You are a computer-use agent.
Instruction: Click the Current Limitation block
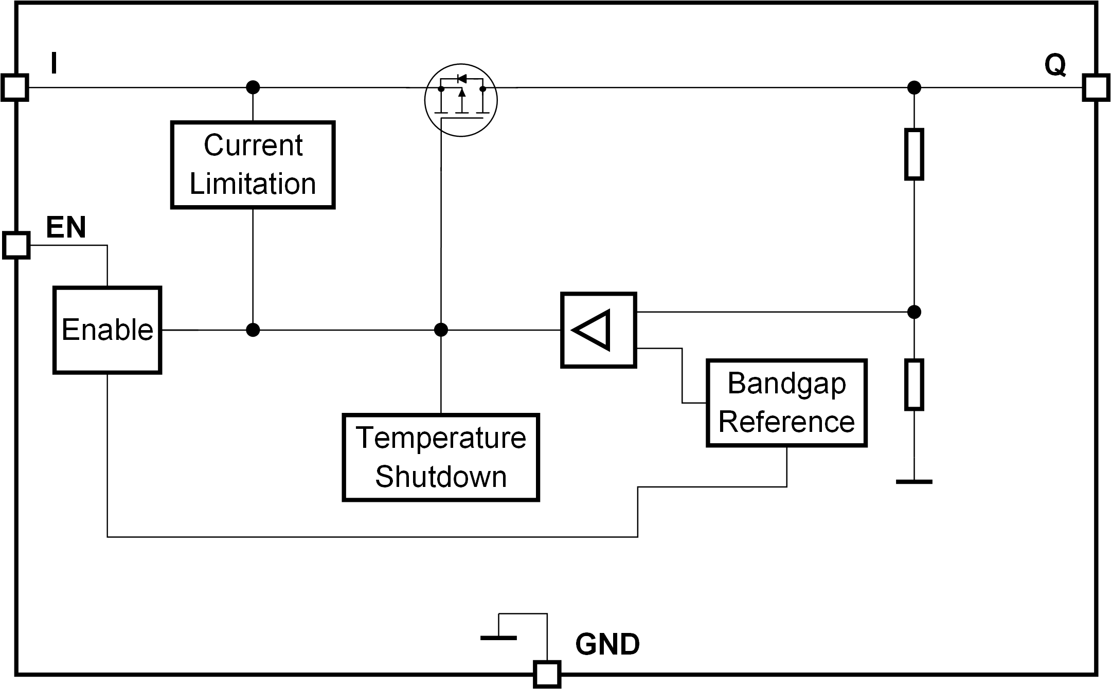point(253,165)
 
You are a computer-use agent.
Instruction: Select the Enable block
point(107,330)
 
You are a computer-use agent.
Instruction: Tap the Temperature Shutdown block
point(441,457)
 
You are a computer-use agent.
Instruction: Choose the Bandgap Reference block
point(786,403)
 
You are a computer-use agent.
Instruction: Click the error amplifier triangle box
point(599,330)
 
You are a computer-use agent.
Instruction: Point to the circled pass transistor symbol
point(461,100)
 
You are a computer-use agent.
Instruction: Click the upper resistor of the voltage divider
point(914,154)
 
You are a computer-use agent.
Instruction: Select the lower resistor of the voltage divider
point(914,385)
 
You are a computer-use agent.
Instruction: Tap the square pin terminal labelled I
point(15,87)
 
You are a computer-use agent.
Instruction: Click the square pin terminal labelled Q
point(1096,87)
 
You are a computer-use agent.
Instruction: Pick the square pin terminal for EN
point(16,245)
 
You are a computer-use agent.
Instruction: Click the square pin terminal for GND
point(547,674)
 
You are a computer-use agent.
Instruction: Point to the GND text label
point(607,644)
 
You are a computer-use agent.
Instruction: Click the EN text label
point(66,227)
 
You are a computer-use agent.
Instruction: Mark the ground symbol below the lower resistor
point(914,482)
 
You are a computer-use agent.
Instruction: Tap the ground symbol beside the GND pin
point(498,638)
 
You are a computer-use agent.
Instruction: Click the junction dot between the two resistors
point(914,312)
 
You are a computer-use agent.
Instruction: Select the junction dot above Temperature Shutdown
point(441,330)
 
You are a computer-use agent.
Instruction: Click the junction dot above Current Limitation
point(253,87)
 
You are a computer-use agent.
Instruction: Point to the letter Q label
point(1055,66)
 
